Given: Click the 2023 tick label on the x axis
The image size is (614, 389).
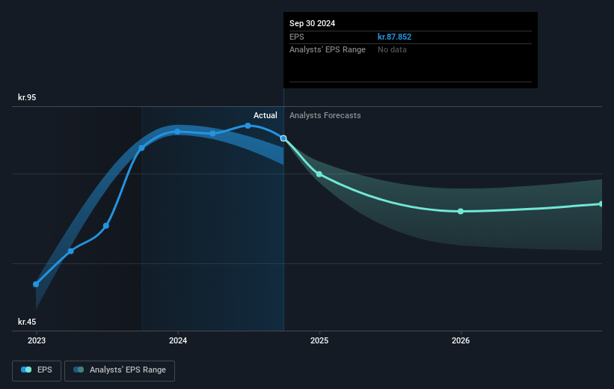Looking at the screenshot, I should (36, 340).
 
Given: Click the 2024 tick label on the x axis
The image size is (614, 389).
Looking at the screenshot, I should (178, 340).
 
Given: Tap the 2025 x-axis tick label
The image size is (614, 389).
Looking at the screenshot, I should (319, 340).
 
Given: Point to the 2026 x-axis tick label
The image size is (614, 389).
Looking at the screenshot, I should (461, 340).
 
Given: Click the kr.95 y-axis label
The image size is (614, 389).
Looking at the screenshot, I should (27, 97).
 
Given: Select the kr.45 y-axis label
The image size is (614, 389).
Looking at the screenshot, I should (27, 322).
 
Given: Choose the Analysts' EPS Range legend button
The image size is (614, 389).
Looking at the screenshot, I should (120, 370).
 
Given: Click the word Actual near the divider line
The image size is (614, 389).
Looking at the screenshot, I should (265, 115).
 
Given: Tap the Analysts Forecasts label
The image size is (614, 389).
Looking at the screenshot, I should (325, 115).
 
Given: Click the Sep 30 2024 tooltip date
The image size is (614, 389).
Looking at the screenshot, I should (313, 23).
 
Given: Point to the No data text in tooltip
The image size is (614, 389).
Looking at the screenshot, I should (393, 49).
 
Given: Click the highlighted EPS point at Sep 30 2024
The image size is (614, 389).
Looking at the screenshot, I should (283, 138).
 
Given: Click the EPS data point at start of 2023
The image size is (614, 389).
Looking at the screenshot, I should (36, 284).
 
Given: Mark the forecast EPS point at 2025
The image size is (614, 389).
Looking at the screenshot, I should (319, 174).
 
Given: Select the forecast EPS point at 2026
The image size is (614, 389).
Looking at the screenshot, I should (461, 211).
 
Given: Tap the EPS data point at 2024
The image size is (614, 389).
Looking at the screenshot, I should (177, 132).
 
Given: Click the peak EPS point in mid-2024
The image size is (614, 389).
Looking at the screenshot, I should (248, 126).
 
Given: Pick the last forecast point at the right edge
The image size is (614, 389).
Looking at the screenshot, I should (601, 203).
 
